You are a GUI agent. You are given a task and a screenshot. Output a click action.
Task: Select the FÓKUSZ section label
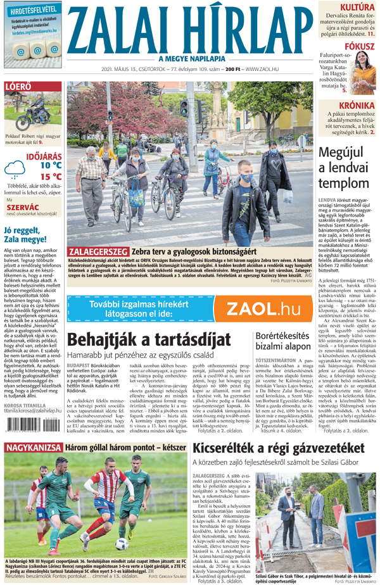point(358,47)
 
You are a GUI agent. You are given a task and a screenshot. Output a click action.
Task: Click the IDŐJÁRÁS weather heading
point(44,156)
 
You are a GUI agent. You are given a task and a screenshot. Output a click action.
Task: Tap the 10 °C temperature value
point(51,166)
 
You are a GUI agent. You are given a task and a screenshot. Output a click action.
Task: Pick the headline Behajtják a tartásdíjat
point(142,340)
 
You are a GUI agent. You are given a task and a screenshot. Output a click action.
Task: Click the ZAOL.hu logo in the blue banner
point(262,310)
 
